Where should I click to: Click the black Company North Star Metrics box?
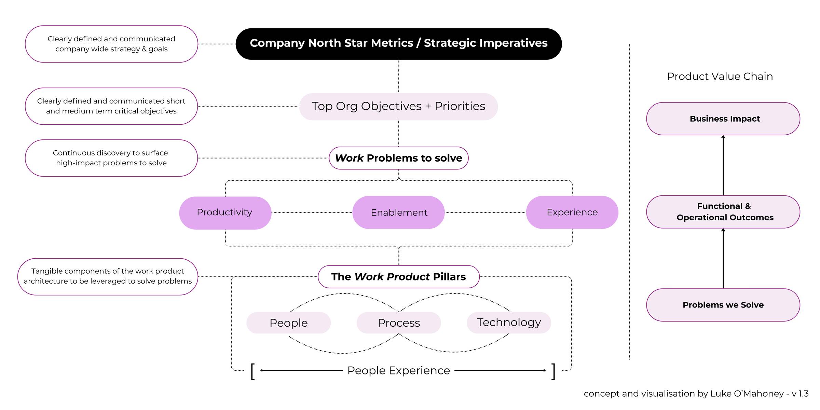click(398, 44)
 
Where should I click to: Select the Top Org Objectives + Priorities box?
click(398, 106)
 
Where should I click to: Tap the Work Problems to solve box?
click(398, 158)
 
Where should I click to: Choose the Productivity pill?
click(225, 213)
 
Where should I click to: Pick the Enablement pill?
click(398, 213)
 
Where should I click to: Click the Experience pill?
click(572, 212)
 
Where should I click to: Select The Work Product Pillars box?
click(398, 277)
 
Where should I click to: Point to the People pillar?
click(288, 323)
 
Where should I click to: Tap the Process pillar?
click(398, 323)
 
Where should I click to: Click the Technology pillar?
click(509, 322)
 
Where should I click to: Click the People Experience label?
click(398, 370)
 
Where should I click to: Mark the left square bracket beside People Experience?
click(252, 371)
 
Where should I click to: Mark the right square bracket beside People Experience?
click(553, 371)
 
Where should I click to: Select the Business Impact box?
click(723, 119)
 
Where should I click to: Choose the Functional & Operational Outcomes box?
click(723, 212)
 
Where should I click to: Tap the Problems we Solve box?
click(723, 305)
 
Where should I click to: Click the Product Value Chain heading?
click(720, 76)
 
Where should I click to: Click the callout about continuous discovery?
click(111, 158)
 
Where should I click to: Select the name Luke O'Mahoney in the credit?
click(747, 394)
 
